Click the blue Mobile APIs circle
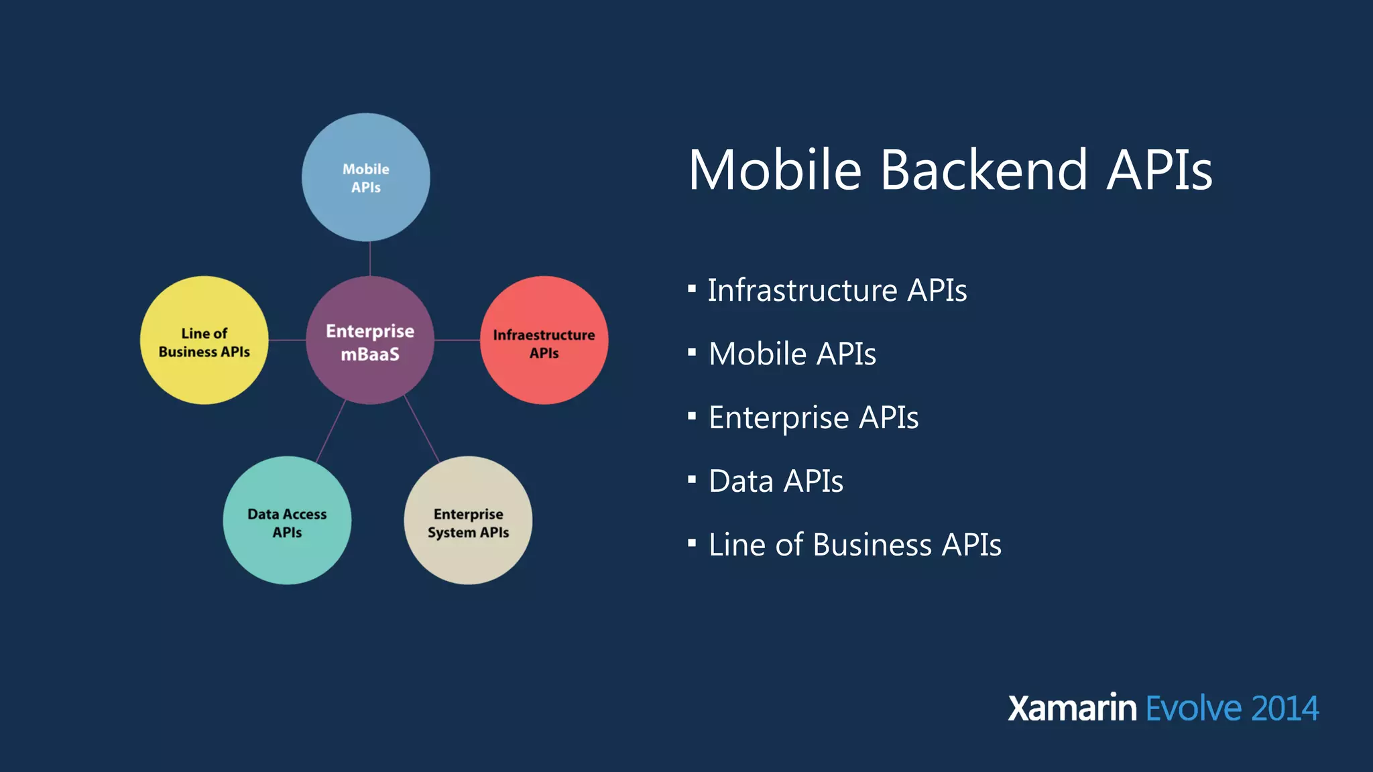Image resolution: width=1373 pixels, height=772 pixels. (x=365, y=178)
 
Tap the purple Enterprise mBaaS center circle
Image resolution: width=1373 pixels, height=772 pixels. (x=370, y=340)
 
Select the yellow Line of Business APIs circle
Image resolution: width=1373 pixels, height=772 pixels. (x=204, y=340)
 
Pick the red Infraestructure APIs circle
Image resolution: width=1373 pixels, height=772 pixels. (x=544, y=340)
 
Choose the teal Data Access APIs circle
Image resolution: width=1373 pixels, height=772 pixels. (x=287, y=521)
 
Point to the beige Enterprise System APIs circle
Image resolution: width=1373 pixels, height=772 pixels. (x=468, y=521)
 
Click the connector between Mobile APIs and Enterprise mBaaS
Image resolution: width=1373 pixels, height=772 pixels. (x=370, y=259)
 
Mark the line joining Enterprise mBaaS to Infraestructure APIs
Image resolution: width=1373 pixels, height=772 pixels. (x=457, y=340)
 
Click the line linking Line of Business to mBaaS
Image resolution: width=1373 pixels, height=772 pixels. (x=287, y=340)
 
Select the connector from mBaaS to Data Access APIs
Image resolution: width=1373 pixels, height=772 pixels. (x=331, y=431)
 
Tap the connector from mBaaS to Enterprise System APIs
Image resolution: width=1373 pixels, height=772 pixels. (x=422, y=429)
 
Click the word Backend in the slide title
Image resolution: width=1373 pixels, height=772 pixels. (x=983, y=170)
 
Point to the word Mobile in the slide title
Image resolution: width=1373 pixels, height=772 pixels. (x=775, y=170)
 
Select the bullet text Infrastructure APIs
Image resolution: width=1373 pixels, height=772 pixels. (x=837, y=291)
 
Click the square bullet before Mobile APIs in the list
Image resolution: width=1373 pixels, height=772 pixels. (x=692, y=352)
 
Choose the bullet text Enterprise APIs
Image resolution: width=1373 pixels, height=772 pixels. (x=813, y=418)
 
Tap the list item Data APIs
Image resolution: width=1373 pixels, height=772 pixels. (x=776, y=481)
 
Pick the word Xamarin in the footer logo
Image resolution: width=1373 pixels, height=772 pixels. (x=1072, y=708)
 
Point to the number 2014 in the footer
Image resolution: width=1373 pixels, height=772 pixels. (x=1285, y=708)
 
